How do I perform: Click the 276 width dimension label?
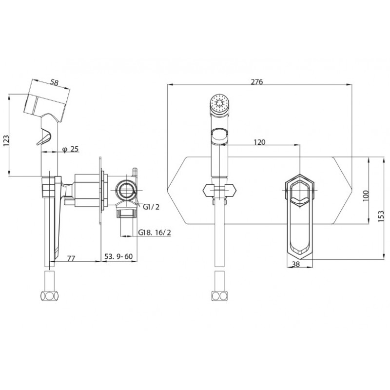257,81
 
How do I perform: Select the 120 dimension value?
259,142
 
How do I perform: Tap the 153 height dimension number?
381,216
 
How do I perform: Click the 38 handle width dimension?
296,264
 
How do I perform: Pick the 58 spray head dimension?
54,82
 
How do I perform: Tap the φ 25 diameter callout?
70,149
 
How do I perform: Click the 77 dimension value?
71,258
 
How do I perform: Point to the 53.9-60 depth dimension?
118,256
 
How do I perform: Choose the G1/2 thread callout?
151,206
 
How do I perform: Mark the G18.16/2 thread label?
155,233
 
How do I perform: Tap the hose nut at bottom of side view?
50,296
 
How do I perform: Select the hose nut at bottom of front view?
219,296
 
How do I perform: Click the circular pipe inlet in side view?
127,190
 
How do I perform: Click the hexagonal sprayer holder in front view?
220,191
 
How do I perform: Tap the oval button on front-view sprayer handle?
219,136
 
